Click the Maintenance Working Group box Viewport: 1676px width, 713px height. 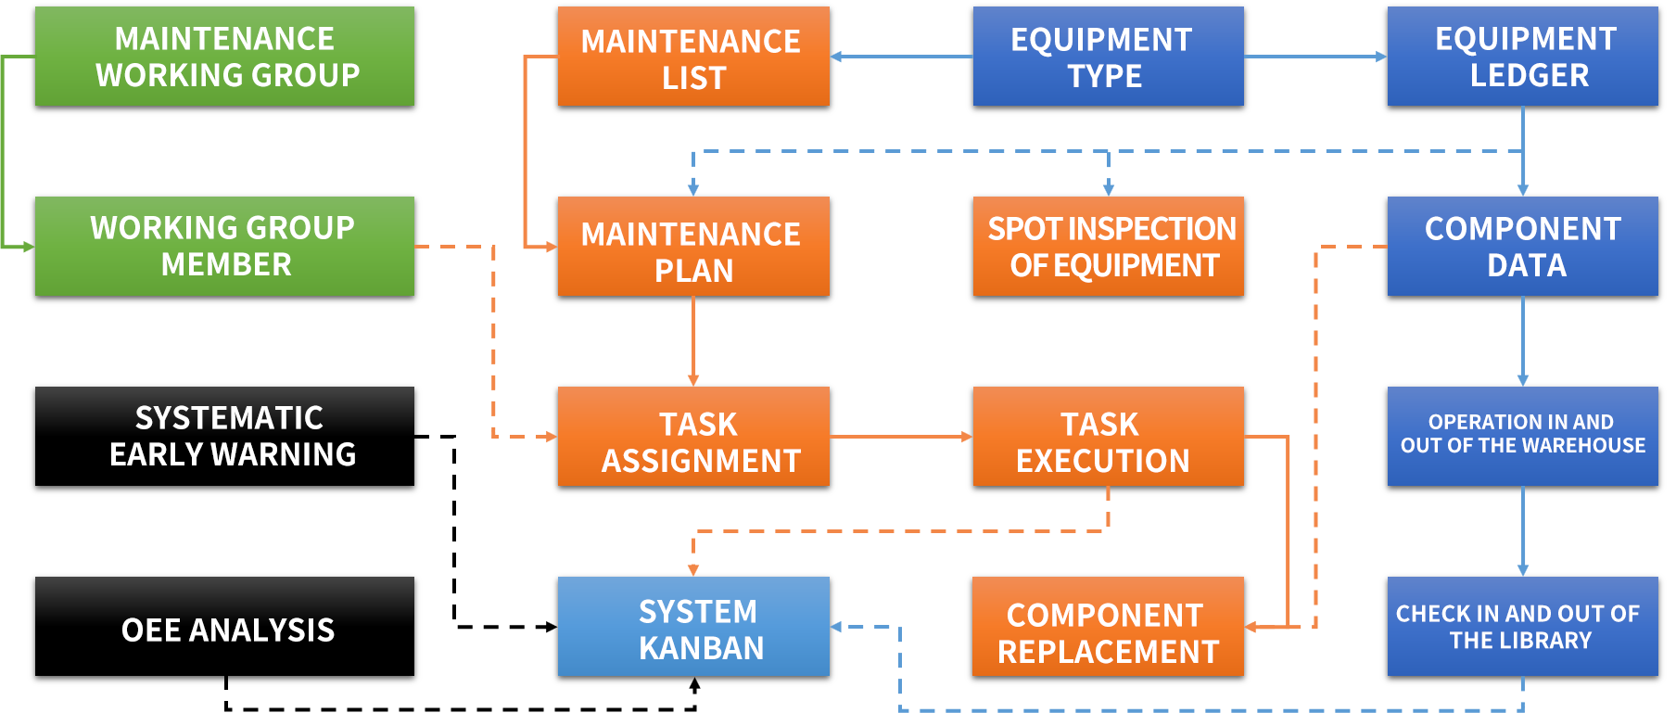point(224,57)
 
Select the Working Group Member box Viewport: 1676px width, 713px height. point(224,247)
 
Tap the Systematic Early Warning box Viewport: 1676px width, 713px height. point(224,436)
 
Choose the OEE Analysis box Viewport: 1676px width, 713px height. point(224,628)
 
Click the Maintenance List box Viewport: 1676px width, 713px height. point(693,57)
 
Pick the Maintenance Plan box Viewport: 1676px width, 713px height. point(693,247)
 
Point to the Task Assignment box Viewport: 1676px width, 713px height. point(693,437)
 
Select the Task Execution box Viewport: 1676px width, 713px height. point(1108,437)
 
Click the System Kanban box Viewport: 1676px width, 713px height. point(693,627)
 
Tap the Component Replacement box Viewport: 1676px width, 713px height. point(1108,627)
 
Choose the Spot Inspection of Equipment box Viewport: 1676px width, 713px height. point(1108,247)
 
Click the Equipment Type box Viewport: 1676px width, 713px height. point(1108,57)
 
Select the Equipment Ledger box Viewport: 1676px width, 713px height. point(1522,57)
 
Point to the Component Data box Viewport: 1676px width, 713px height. point(1522,247)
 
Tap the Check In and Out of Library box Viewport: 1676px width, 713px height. point(1522,627)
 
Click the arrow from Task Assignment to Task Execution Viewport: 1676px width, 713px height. point(900,437)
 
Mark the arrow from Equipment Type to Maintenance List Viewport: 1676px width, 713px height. point(900,57)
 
